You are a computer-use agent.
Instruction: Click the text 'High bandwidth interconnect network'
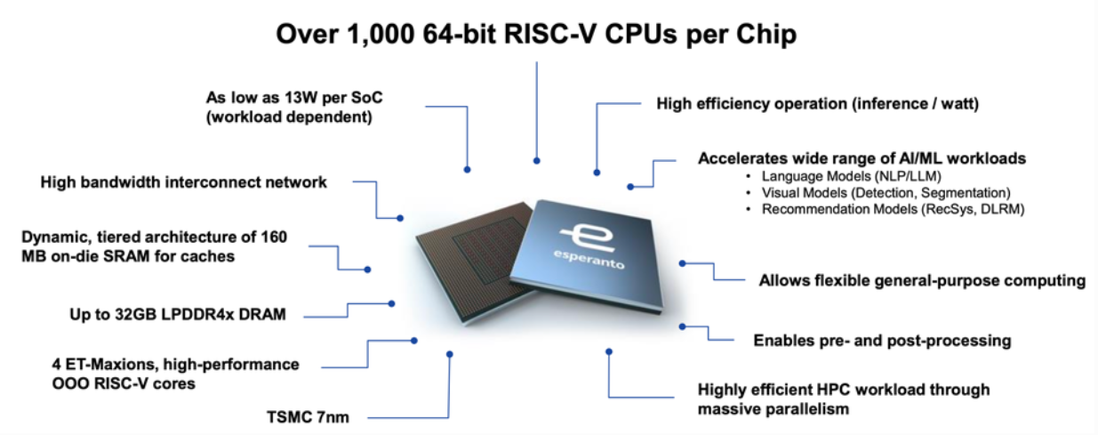click(184, 182)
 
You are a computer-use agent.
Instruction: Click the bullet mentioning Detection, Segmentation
click(886, 192)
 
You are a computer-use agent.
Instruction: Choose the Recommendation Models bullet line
click(894, 209)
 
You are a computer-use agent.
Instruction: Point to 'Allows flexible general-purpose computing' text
click(922, 280)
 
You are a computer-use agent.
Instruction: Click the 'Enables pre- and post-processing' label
click(882, 340)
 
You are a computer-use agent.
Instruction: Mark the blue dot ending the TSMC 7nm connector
click(450, 354)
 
